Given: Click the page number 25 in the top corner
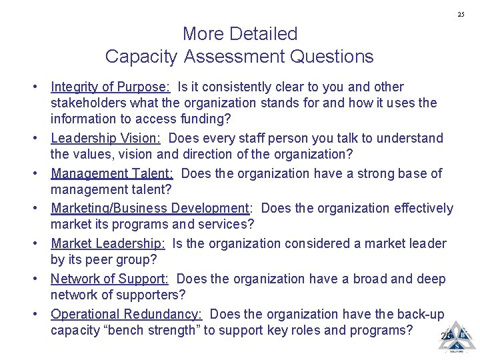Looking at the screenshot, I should [x=461, y=15].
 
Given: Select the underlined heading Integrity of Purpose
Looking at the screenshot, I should [x=111, y=87].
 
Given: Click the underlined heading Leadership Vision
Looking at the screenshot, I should [x=105, y=139].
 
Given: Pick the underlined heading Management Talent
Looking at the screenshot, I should [x=112, y=173].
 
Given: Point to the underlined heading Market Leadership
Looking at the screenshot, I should [x=107, y=243].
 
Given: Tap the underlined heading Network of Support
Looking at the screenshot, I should [x=109, y=279].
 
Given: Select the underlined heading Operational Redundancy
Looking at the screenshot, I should [x=126, y=314].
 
